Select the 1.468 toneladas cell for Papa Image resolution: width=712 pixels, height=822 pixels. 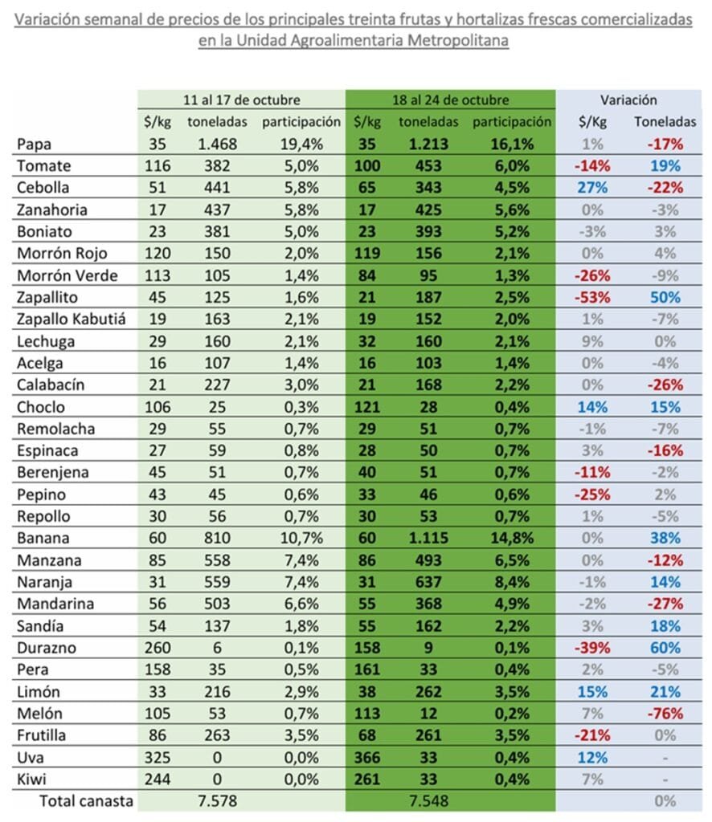[210, 144]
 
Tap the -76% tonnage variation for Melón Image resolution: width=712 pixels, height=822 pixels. [665, 712]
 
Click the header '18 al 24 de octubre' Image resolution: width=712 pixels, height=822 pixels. [450, 100]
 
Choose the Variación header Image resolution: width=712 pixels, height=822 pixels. [628, 100]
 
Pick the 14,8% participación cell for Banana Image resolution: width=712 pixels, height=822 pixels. [512, 538]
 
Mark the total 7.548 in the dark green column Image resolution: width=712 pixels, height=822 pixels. [426, 800]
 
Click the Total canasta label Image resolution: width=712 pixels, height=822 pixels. [86, 800]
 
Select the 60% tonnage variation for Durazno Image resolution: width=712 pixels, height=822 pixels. [665, 647]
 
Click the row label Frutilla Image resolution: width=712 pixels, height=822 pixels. [43, 735]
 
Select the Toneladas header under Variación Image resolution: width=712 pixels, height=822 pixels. [665, 122]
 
